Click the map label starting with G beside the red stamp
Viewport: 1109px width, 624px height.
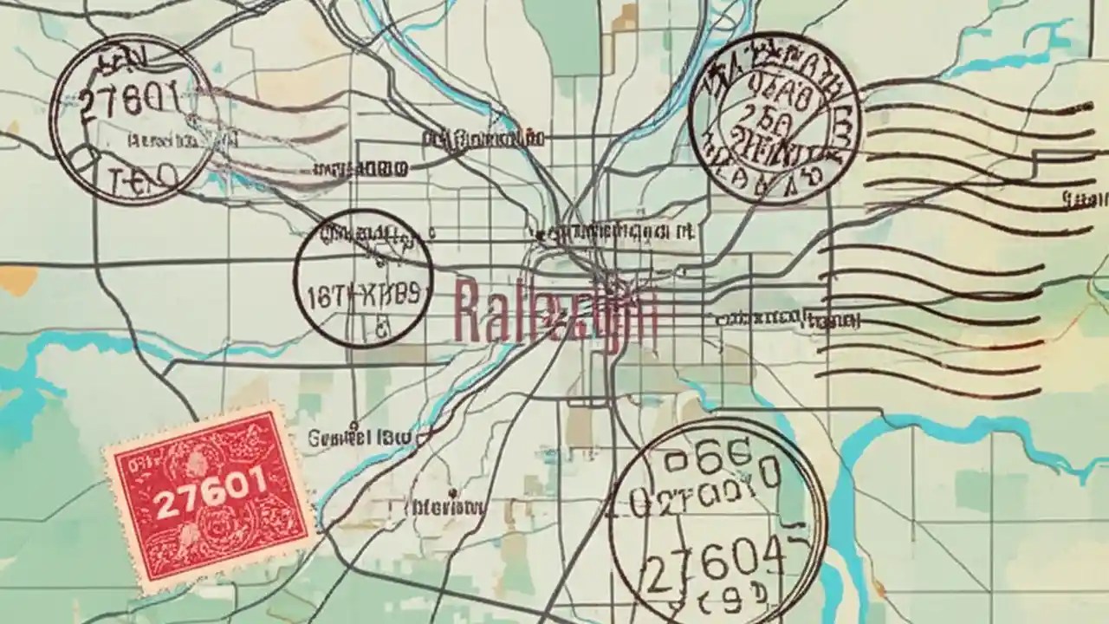pos(360,438)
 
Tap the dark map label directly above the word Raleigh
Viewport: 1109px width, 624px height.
pos(614,231)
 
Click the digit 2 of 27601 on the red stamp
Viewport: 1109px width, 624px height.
pos(162,506)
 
